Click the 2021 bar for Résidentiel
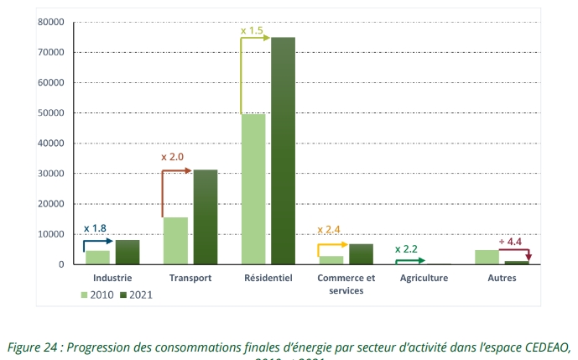[x=283, y=151]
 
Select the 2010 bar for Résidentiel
[x=253, y=189]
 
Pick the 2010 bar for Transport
[x=175, y=241]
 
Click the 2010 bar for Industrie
[x=97, y=257]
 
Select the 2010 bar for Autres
[x=487, y=257]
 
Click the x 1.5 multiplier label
[x=253, y=31]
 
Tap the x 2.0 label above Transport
[x=172, y=157]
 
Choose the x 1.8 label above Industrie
[x=95, y=227]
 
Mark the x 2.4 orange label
[x=330, y=229]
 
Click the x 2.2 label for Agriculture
[x=407, y=249]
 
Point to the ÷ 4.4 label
[x=509, y=242]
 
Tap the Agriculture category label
[x=424, y=278]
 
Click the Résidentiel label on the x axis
[x=268, y=278]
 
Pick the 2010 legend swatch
[x=85, y=295]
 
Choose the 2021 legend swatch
[x=122, y=295]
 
